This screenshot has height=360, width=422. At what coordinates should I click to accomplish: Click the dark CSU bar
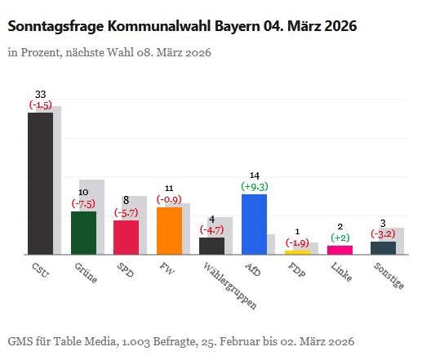(40, 183)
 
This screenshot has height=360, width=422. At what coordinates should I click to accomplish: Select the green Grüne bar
(83, 233)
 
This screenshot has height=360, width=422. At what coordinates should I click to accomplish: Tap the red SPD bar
(126, 238)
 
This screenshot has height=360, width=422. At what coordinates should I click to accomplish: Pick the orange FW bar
(169, 231)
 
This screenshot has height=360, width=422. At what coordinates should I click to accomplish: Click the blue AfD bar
(255, 224)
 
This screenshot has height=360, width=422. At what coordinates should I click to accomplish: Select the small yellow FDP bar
(297, 252)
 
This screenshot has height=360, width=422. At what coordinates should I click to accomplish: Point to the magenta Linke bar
(340, 250)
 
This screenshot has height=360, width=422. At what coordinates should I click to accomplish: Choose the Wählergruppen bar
(211, 246)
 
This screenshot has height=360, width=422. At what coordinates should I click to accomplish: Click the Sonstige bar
(383, 247)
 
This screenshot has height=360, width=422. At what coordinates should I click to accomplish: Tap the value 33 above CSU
(40, 95)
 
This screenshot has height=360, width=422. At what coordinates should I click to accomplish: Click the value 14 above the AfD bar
(255, 176)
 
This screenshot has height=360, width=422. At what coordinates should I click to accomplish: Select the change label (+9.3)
(255, 186)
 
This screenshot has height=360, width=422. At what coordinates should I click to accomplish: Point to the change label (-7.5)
(83, 203)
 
